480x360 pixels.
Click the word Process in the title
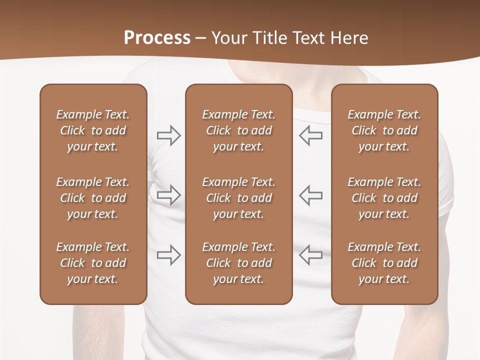[x=157, y=38]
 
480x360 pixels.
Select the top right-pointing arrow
[x=168, y=135]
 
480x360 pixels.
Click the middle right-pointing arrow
[x=168, y=195]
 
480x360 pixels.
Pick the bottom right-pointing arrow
[x=168, y=255]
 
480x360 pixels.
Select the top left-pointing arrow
[x=311, y=135]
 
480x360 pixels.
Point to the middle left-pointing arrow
[x=311, y=195]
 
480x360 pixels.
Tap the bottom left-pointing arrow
[x=311, y=255]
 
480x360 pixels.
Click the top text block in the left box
[x=93, y=130]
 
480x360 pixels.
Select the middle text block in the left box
[x=93, y=198]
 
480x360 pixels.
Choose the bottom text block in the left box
[x=93, y=263]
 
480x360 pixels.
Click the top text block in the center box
[x=239, y=130]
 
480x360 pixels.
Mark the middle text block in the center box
[x=239, y=198]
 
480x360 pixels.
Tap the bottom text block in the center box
[x=239, y=263]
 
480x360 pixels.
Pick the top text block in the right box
[x=384, y=130]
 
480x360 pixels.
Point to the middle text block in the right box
[x=384, y=198]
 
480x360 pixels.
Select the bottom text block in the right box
[x=384, y=263]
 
